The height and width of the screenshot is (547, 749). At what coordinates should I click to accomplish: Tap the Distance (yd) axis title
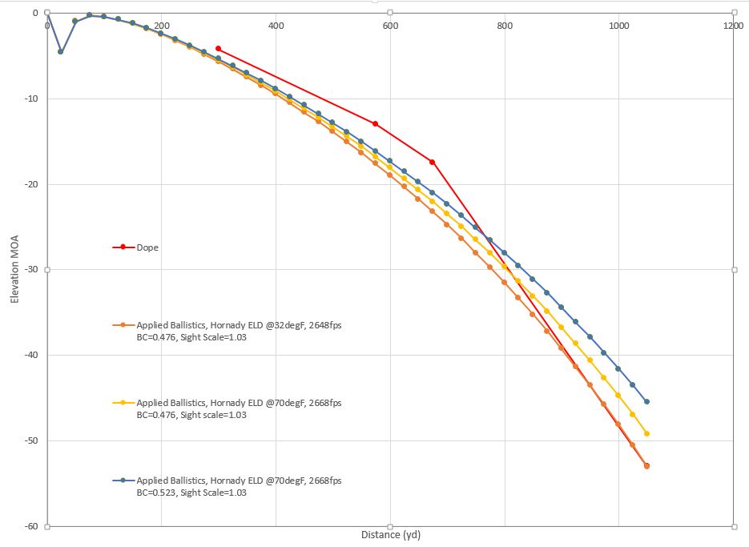coord(390,533)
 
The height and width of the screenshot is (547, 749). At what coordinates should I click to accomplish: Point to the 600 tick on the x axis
coord(390,26)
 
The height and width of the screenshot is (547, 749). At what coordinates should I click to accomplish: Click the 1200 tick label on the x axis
coord(732,26)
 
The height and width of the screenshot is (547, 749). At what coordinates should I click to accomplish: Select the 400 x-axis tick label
coord(276,26)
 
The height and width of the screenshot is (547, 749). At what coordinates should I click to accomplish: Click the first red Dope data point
coord(219,49)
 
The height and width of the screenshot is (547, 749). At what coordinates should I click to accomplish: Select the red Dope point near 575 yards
coord(375,123)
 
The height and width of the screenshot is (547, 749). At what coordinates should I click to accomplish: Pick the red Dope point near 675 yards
coord(433,162)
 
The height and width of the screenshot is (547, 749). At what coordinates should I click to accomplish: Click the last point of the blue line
coord(646,401)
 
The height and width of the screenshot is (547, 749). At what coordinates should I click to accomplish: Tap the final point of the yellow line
coord(646,433)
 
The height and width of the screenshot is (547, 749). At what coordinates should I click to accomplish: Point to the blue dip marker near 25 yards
coord(61,51)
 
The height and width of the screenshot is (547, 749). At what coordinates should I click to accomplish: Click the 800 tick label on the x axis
coord(505,26)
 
